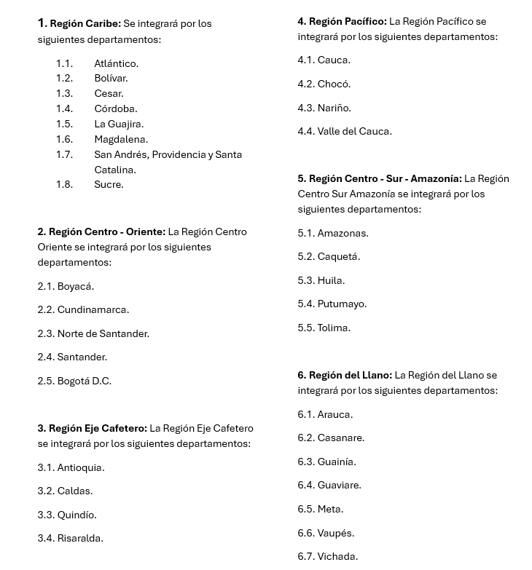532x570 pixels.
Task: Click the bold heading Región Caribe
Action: coord(85,24)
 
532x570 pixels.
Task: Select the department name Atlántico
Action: coord(116,63)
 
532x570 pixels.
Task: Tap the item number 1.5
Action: coord(64,124)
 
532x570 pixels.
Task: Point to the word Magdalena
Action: coord(121,139)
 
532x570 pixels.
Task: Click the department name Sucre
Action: coord(109,184)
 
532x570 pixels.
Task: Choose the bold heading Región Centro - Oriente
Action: coord(107,231)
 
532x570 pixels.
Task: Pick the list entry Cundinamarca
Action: coord(93,309)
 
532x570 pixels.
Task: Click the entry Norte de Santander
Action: coord(103,333)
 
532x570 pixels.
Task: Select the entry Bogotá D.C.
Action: coord(84,381)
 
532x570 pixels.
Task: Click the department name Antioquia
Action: coord(80,467)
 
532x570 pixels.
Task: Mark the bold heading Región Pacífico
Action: coord(348,21)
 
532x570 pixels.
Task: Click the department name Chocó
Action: coord(334,84)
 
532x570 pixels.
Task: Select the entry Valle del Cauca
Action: coord(354,131)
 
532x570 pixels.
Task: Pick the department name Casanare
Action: coord(340,438)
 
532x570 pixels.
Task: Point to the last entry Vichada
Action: coord(337,556)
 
